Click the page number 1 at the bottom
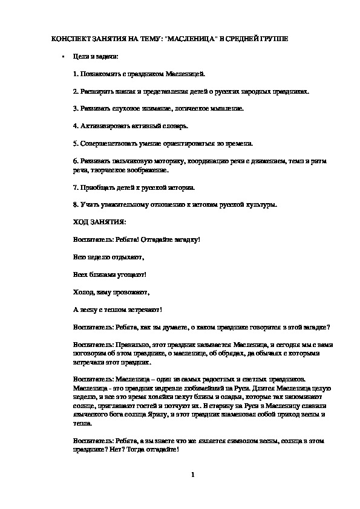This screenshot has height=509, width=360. coord(192,474)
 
